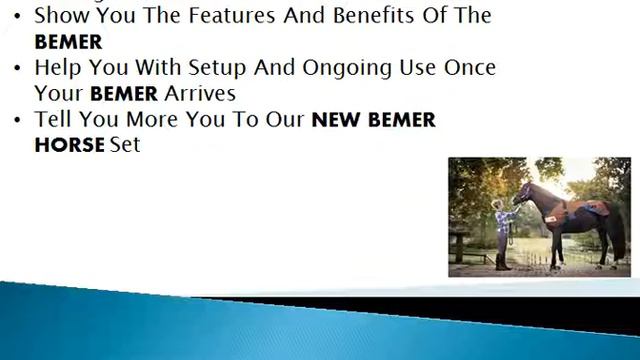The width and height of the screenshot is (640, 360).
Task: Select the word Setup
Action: (220, 68)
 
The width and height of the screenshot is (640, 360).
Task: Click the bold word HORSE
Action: (69, 145)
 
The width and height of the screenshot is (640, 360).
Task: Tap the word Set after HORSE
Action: (125, 145)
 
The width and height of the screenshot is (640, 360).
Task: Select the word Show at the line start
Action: (61, 16)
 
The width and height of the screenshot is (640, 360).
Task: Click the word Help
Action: (58, 69)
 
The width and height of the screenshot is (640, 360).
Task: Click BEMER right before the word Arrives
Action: (124, 94)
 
